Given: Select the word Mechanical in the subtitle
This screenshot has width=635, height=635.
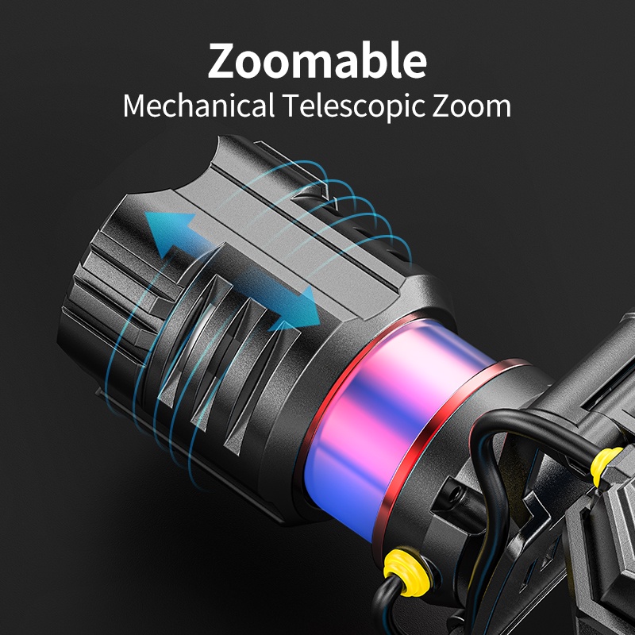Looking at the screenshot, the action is click(x=199, y=106).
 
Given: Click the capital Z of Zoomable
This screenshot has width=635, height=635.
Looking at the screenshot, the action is click(x=223, y=61).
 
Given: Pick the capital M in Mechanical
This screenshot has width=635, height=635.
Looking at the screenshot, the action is click(x=134, y=106).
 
